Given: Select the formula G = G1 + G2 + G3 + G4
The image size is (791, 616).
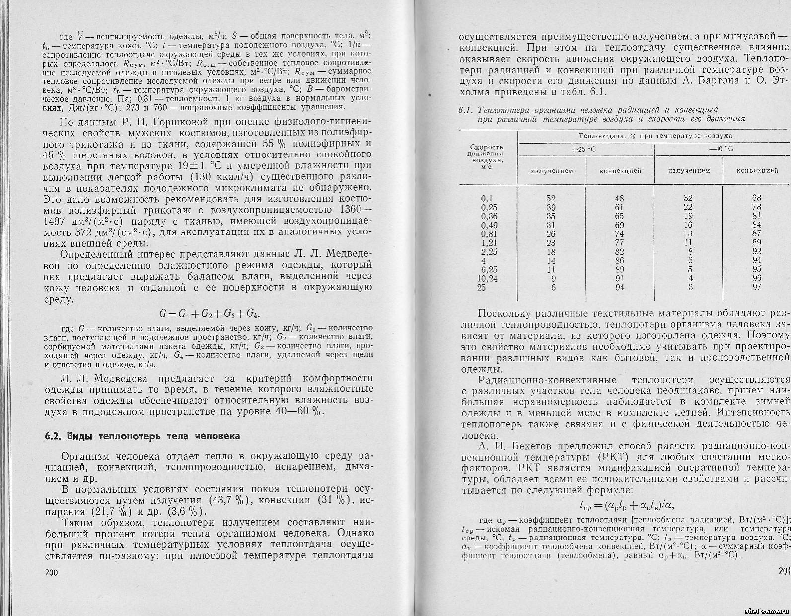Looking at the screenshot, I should click(209, 314).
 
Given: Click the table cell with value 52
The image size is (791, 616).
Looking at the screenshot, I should click(551, 198).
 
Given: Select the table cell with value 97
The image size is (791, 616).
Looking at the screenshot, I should click(757, 287).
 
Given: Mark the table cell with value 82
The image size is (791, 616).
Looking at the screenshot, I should click(619, 252).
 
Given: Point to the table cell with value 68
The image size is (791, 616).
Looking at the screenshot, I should click(757, 198).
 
